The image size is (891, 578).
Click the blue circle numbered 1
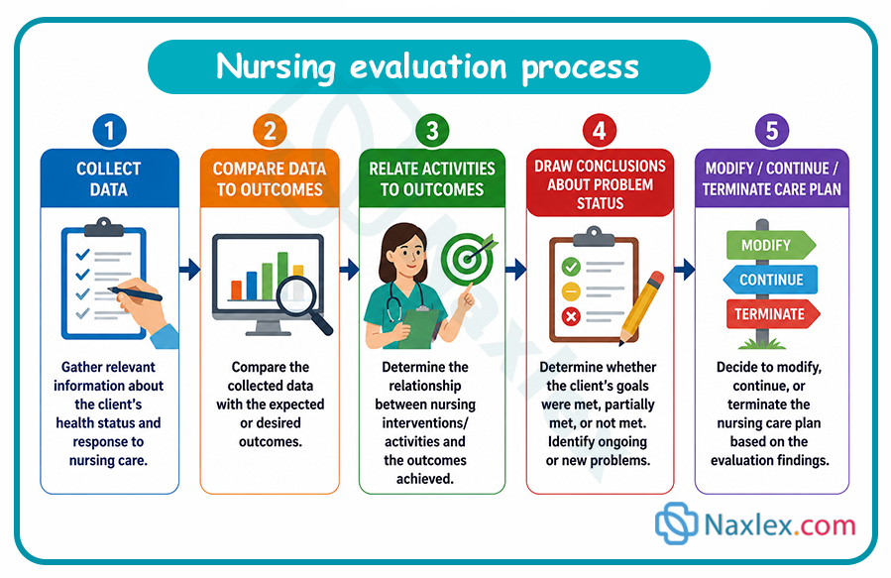(109, 131)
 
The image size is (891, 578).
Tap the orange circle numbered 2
(270, 131)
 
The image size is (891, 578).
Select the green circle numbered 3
(432, 131)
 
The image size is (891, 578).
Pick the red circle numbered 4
(600, 131)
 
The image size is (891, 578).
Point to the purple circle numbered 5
(772, 131)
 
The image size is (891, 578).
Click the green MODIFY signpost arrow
(771, 245)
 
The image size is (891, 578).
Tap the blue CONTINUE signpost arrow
(770, 280)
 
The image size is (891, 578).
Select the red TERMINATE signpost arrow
(773, 314)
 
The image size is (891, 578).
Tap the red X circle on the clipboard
(571, 316)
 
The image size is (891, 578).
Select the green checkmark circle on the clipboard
(571, 267)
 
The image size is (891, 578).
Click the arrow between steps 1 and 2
(189, 270)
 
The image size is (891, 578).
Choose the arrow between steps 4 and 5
(685, 270)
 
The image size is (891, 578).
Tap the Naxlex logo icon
(676, 523)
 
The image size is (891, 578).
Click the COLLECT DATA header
(109, 178)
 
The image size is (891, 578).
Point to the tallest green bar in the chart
(282, 275)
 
